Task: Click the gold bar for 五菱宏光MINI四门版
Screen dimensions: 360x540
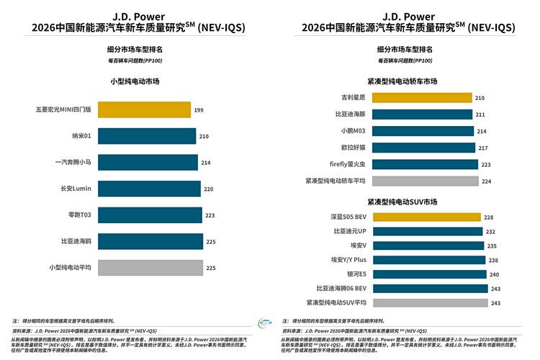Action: (x=144, y=109)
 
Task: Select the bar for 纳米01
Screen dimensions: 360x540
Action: (x=147, y=136)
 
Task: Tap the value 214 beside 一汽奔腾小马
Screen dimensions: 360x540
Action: (x=206, y=163)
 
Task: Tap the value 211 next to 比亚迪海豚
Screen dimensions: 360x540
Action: (x=480, y=114)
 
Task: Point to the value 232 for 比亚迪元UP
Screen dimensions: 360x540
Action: (x=490, y=232)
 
